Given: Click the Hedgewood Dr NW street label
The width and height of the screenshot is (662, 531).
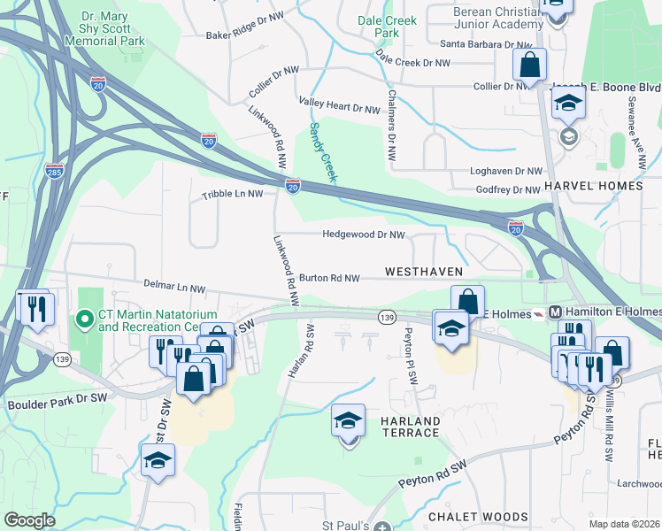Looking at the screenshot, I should (x=364, y=235).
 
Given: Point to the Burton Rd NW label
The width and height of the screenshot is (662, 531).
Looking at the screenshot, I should (x=328, y=278).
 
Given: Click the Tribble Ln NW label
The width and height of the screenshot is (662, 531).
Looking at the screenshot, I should (x=233, y=194).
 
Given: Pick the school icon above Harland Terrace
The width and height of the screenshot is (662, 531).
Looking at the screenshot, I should (x=349, y=422).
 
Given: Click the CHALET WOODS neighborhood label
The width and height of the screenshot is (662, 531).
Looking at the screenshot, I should (x=478, y=517).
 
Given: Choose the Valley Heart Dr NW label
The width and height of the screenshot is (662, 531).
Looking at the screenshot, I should (x=339, y=108).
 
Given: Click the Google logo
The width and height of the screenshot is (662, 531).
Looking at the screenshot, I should (x=28, y=520).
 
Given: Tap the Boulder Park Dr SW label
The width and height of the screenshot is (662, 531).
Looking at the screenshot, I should (x=58, y=398).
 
